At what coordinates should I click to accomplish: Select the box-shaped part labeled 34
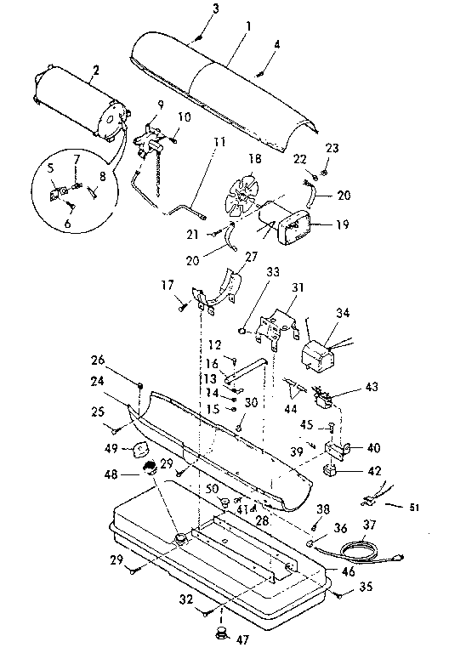[x=324, y=352]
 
